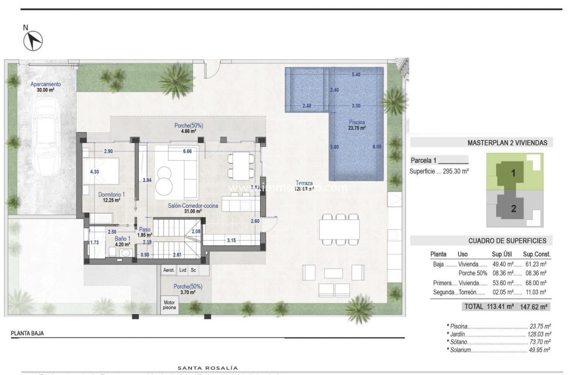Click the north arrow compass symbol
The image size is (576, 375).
click(32, 41)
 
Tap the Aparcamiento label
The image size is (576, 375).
click(45, 84)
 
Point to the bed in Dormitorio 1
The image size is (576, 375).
click(103, 171)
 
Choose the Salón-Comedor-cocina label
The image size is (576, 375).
click(187, 205)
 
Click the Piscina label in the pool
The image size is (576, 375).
click(357, 122)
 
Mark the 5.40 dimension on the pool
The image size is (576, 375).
click(356, 74)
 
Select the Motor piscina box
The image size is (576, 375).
click(169, 304)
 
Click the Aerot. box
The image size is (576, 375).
click(169, 270)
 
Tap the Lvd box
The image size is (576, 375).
click(183, 270)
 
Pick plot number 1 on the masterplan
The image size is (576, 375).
click(513, 173)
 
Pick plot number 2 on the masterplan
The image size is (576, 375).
click(514, 209)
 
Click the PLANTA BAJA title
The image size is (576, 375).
click(27, 334)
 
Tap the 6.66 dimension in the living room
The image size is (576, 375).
click(188, 151)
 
